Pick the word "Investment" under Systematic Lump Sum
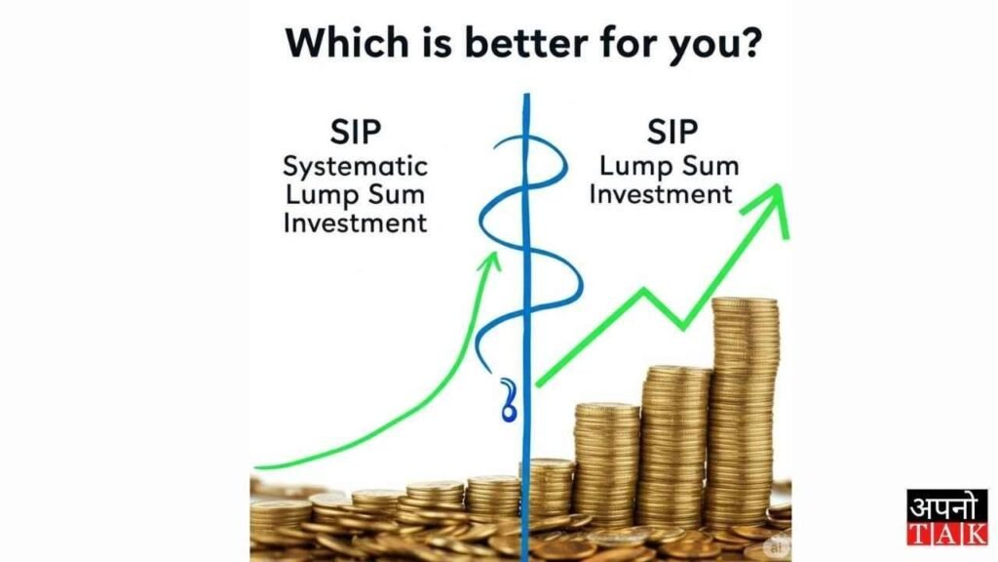pos(355,222)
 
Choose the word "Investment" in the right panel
pos(661,193)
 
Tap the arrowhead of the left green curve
pos(495,261)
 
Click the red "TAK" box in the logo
pos(946,533)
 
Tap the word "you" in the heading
pos(699,44)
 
